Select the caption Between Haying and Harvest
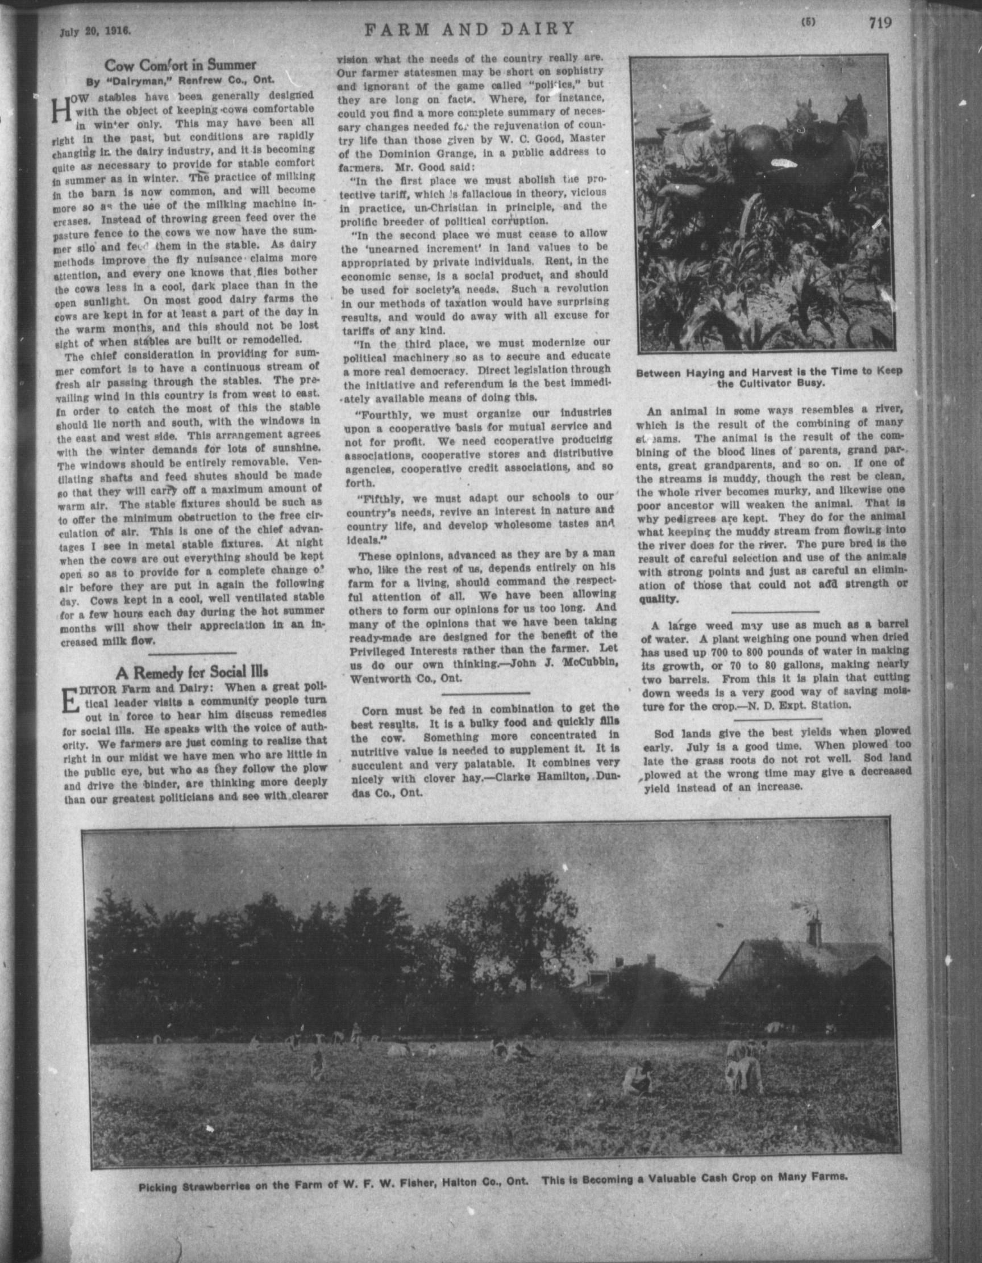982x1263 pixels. [x=769, y=377]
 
